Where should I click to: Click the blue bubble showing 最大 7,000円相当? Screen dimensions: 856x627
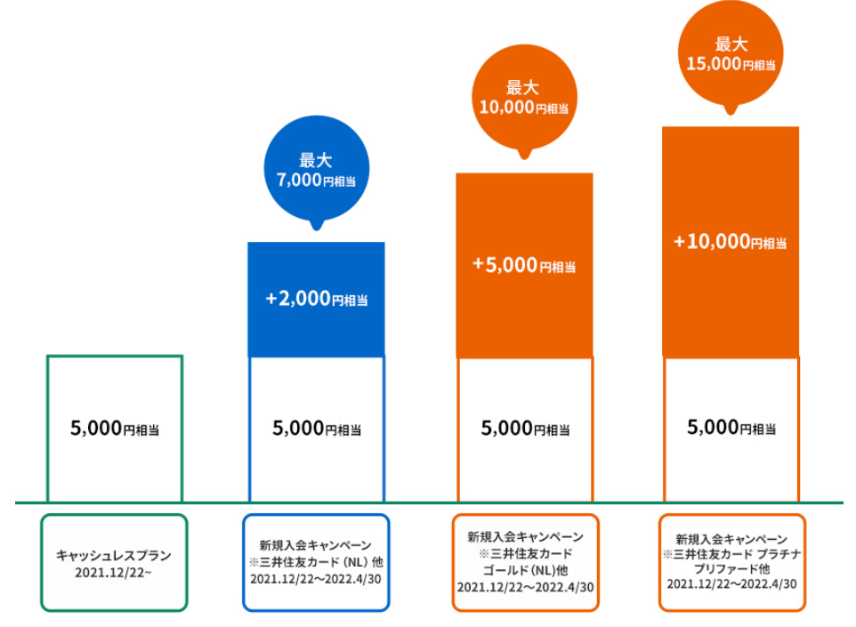tap(317, 169)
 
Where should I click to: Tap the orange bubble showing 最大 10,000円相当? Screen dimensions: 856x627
tap(524, 98)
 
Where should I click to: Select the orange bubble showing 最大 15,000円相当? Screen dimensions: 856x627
tap(731, 53)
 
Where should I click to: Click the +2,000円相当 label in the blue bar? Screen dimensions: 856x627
tap(317, 299)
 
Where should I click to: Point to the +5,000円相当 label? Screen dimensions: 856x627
tap(524, 265)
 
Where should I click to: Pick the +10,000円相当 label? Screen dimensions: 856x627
tap(731, 241)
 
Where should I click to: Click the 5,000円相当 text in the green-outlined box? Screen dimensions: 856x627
tap(115, 429)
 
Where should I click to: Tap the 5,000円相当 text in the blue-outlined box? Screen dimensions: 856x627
tap(317, 429)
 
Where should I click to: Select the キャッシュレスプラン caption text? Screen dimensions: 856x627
tap(114, 556)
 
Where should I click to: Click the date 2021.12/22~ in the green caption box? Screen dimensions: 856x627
tap(114, 573)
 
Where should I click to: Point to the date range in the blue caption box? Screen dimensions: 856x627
tap(316, 579)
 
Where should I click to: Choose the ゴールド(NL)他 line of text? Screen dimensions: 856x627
tap(525, 570)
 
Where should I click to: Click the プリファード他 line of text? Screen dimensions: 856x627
tap(731, 568)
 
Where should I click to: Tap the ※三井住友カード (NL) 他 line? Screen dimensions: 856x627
tap(316, 562)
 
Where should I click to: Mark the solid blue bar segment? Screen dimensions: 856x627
tap(316, 300)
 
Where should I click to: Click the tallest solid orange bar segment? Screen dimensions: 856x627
tap(731, 242)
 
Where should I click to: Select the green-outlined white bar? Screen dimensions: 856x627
tap(47, 429)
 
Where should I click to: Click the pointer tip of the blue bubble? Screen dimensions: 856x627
tap(317, 230)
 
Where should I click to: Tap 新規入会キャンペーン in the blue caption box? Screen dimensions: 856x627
tap(316, 545)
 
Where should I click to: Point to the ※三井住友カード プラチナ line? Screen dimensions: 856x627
tap(732, 554)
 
